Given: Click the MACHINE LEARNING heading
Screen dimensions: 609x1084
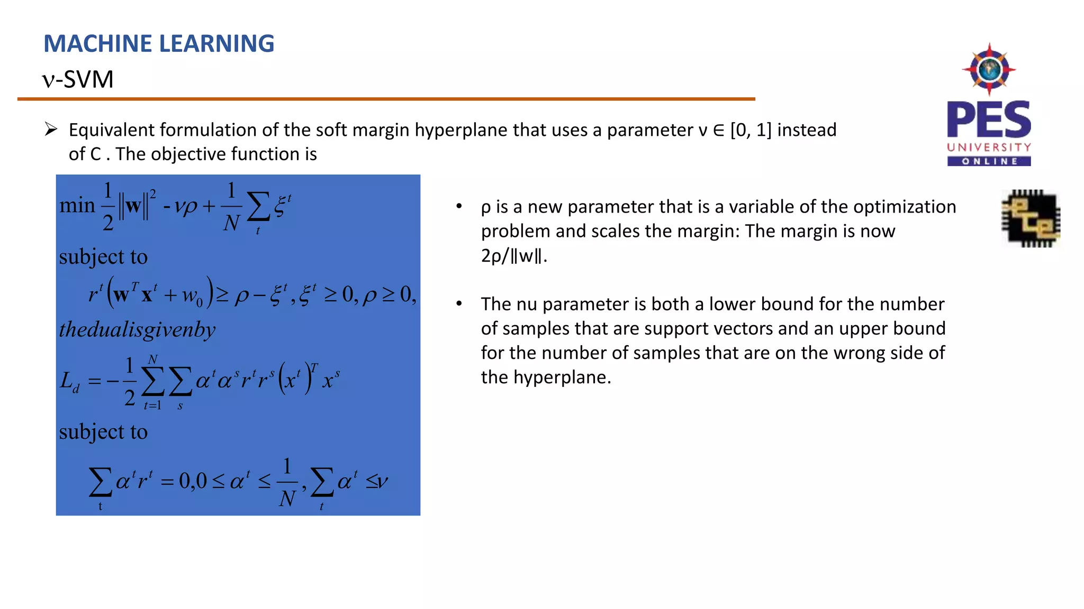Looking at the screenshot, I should coord(159,44).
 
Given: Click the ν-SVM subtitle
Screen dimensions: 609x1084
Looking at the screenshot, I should coord(78,80).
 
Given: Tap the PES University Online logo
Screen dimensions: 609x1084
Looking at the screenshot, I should coord(989,106).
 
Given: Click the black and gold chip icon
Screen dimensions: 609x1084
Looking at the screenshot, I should coord(1031,218).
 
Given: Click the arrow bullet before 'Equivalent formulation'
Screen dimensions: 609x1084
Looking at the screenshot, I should coord(51,129).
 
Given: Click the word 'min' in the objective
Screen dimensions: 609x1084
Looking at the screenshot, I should coord(77,205).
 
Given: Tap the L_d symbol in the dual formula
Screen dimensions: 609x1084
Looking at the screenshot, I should coord(69,381).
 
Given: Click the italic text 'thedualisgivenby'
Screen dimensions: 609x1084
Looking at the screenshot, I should coord(137,330).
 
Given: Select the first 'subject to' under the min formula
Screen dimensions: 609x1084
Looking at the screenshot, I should coord(103,257).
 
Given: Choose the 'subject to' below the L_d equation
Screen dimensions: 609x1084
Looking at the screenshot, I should coord(103,432).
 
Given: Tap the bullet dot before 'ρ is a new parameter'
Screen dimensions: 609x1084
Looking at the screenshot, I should coord(459,206).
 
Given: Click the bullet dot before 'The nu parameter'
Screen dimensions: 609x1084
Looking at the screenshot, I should coord(459,304).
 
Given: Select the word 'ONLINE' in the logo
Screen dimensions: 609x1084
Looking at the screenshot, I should coord(989,161).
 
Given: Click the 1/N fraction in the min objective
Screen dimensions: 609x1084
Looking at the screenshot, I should coord(231,207).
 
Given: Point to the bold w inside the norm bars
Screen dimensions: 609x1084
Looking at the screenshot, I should coord(133,206).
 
